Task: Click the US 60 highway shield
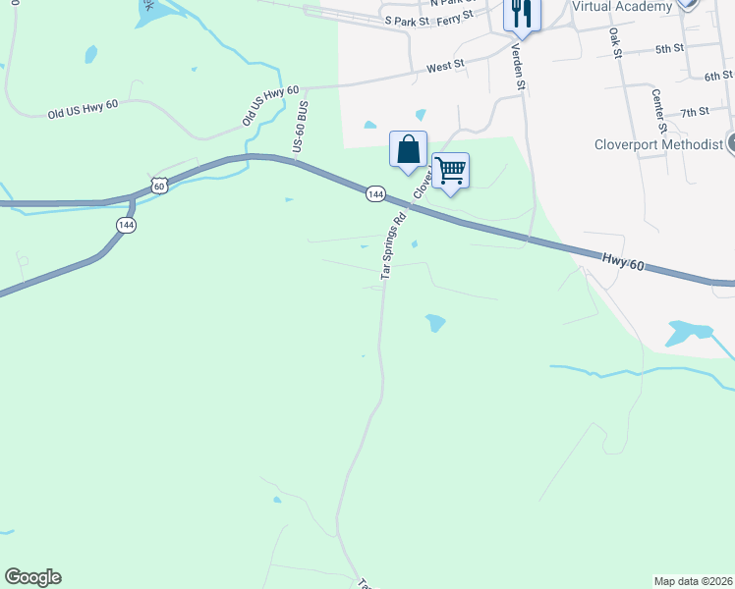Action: click(x=160, y=185)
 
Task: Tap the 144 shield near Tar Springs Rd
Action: click(x=375, y=194)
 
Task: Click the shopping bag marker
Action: click(x=408, y=150)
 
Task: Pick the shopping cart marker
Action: click(x=450, y=171)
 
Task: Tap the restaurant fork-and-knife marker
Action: click(x=521, y=14)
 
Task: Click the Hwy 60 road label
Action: click(x=623, y=262)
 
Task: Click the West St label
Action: click(x=445, y=68)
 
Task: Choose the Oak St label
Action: click(x=616, y=42)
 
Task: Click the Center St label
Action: click(x=659, y=111)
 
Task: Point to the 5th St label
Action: click(x=668, y=48)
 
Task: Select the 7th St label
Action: click(x=694, y=113)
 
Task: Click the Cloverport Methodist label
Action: click(x=658, y=144)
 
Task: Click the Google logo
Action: click(x=32, y=577)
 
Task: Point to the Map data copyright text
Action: click(x=694, y=580)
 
